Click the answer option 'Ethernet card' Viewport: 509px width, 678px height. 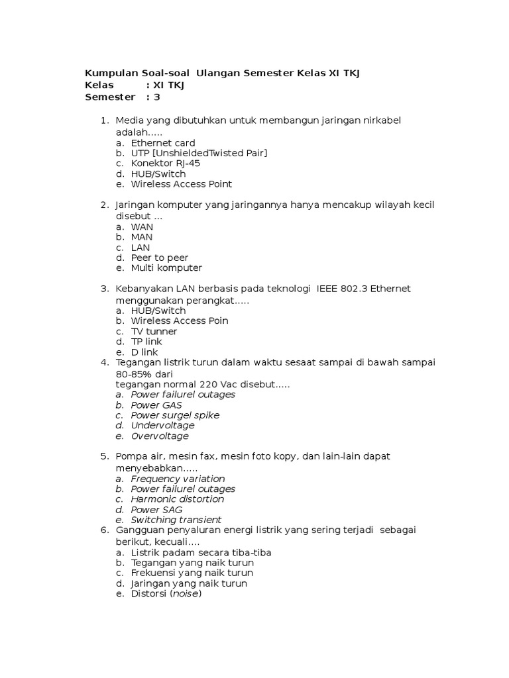[x=162, y=143]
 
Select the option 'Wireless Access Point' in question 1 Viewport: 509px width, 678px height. [x=181, y=185]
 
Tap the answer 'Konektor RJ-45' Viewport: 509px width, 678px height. [x=165, y=164]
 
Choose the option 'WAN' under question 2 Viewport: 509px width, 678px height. [x=142, y=226]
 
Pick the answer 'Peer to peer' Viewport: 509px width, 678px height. [x=159, y=258]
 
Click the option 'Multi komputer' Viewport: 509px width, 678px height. [x=166, y=268]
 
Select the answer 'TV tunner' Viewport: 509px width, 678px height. [x=154, y=331]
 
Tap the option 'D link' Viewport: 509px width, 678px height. [x=144, y=352]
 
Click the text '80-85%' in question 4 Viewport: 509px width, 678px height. [x=135, y=374]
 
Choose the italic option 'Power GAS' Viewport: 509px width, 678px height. [x=156, y=405]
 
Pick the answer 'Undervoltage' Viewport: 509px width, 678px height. [x=162, y=426]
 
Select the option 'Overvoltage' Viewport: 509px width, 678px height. [x=160, y=436]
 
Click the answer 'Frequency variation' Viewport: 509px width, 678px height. [x=178, y=479]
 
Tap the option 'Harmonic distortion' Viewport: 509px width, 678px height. [x=177, y=499]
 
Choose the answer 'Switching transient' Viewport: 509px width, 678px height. [x=176, y=520]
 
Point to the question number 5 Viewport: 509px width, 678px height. [x=104, y=457]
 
